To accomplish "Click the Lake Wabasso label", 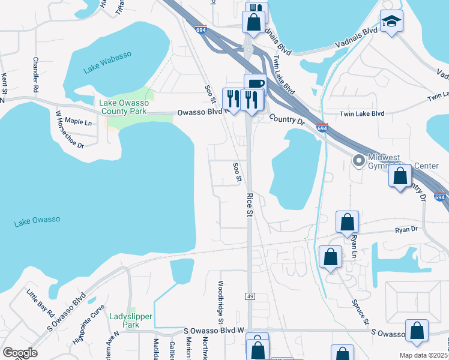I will [107, 63].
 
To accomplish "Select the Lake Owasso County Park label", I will [124, 107].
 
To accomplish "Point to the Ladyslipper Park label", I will [131, 320].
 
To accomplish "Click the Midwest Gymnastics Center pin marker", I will [358, 161].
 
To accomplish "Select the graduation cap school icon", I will [392, 22].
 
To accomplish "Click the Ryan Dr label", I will [406, 229].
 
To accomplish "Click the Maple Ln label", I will [78, 121].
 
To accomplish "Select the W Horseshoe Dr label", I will [69, 128].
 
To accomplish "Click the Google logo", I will [20, 353].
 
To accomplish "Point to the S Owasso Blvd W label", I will [215, 331].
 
